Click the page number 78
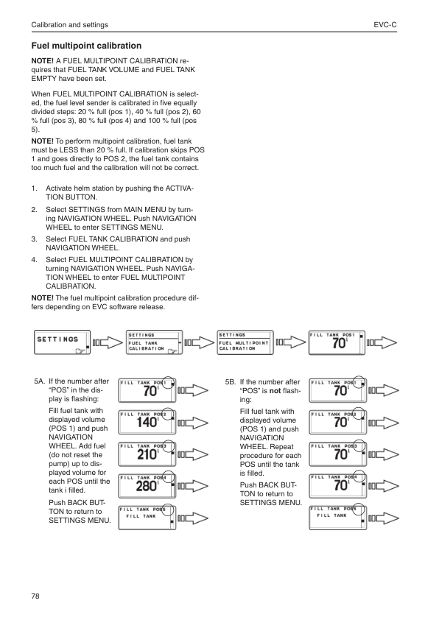pyautogui.click(x=35, y=595)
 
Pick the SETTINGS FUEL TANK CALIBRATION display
pyautogui.click(x=153, y=342)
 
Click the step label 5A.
pyautogui.click(x=40, y=382)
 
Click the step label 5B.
pyautogui.click(x=230, y=382)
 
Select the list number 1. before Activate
pyautogui.click(x=34, y=189)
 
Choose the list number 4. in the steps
pyautogui.click(x=34, y=260)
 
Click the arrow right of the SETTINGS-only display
pyautogui.click(x=107, y=342)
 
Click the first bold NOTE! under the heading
pyautogui.click(x=42, y=60)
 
